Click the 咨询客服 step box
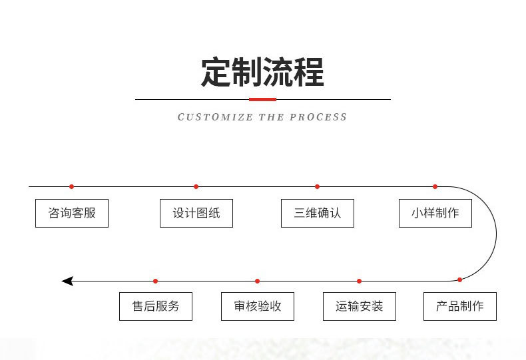72,214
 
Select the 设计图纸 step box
196,214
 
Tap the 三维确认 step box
318,214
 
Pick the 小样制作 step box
435,214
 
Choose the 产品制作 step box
460,307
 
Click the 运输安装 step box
360,307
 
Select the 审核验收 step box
258,307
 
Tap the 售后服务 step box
156,307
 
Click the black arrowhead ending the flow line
67,281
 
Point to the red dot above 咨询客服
72,187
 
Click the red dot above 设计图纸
196,187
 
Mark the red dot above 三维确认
317,187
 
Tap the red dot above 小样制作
435,187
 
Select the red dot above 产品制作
459,280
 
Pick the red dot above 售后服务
156,281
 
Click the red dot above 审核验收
258,281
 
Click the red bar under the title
262,99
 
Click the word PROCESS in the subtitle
319,117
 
